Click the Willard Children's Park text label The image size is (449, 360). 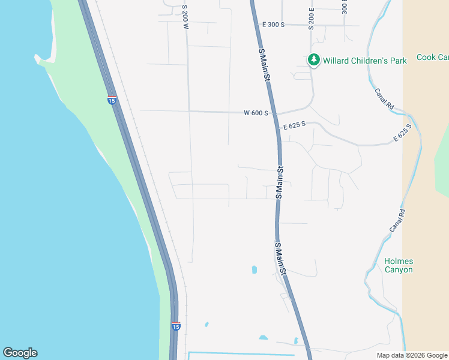click(x=365, y=60)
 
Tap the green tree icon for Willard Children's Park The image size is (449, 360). click(x=313, y=60)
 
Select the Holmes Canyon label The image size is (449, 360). click(x=399, y=266)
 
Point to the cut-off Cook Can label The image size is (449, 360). click(x=433, y=58)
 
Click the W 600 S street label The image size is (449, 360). click(x=256, y=113)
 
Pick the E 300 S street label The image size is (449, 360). click(x=273, y=25)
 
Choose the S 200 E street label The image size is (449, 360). click(x=312, y=19)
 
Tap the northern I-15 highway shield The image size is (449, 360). click(x=112, y=100)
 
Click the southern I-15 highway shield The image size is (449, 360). click(x=175, y=326)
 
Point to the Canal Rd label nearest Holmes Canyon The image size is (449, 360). click(x=397, y=221)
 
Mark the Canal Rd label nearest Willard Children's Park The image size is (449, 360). click(x=384, y=98)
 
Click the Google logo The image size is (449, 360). click(x=20, y=353)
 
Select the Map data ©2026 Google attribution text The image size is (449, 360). click(x=412, y=355)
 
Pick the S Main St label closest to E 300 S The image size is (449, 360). click(x=264, y=66)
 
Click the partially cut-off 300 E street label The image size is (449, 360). click(x=344, y=7)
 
